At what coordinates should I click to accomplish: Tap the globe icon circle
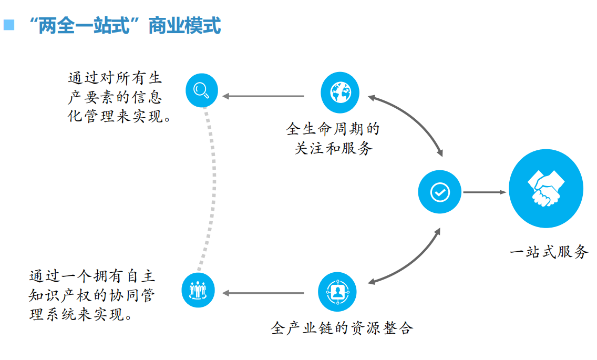pyautogui.click(x=340, y=93)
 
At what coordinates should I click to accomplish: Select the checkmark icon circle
pyautogui.click(x=439, y=192)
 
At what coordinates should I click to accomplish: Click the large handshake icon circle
pyautogui.click(x=545, y=188)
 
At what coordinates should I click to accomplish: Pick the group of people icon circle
pyautogui.click(x=198, y=290)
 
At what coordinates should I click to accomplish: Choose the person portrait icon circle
pyautogui.click(x=337, y=291)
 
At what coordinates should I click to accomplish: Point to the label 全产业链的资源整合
pyautogui.click(x=342, y=328)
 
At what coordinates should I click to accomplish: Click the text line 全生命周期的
pyautogui.click(x=333, y=129)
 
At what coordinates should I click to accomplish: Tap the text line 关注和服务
pyautogui.click(x=333, y=149)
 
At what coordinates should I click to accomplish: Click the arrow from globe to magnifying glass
pyautogui.click(x=264, y=96)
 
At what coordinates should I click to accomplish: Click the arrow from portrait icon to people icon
pyautogui.click(x=263, y=293)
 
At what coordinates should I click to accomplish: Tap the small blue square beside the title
pyautogui.click(x=9, y=24)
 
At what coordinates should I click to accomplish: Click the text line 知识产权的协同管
pyautogui.click(x=92, y=295)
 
